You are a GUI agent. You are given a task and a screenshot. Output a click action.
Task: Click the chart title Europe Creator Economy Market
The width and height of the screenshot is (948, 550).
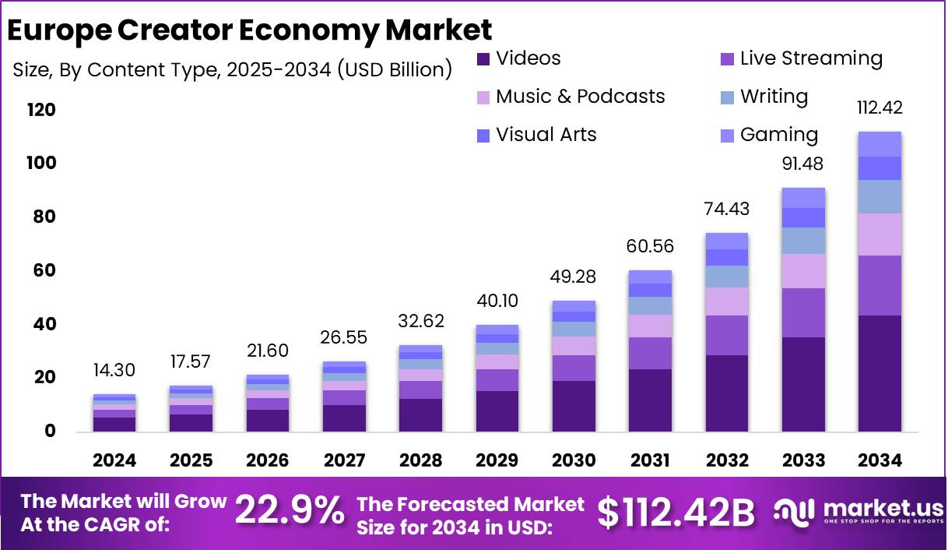tap(249, 30)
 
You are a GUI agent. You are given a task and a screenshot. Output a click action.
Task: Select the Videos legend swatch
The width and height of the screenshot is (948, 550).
tap(483, 58)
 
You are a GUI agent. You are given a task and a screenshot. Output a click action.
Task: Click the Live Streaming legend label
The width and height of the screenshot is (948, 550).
tap(811, 58)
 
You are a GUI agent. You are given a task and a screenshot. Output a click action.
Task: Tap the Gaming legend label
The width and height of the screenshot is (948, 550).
tap(779, 135)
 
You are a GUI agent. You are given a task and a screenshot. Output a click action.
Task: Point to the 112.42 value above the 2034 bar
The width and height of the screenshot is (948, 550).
tap(879, 108)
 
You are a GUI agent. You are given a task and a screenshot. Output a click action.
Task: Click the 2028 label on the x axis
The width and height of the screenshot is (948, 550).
tap(420, 460)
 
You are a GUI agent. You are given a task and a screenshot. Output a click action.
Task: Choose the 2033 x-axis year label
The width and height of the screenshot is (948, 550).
tap(803, 460)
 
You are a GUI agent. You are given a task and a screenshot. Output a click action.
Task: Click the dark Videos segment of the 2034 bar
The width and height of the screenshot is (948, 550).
tap(880, 373)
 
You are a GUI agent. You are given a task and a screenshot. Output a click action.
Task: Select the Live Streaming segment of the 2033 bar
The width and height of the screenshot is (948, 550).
tap(803, 312)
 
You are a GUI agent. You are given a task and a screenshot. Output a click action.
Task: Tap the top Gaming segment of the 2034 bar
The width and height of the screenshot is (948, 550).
tap(880, 144)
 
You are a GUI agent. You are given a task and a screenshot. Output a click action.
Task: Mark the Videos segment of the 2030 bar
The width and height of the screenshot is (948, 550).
tap(574, 406)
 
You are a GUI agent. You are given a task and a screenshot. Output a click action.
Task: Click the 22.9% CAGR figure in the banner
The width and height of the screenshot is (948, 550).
tap(290, 512)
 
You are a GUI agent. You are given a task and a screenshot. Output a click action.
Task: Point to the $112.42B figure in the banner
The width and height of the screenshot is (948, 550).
tap(676, 513)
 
